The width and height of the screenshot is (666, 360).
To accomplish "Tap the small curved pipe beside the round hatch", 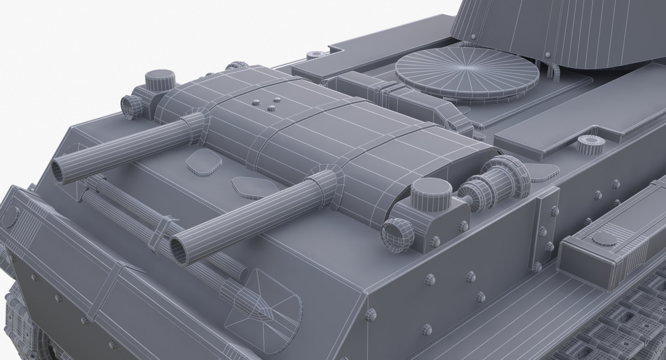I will tap(553, 71).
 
